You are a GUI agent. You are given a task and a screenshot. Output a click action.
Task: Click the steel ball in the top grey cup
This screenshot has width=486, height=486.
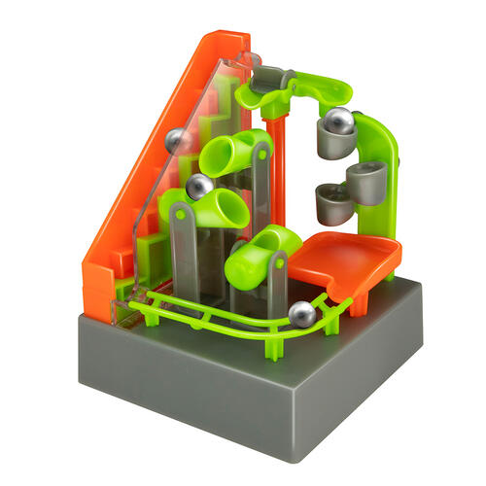pyautogui.click(x=338, y=121)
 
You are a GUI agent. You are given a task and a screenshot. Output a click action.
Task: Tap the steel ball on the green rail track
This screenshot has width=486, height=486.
pyautogui.click(x=303, y=314)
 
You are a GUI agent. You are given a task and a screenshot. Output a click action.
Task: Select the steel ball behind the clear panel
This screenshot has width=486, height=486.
pyautogui.click(x=178, y=141)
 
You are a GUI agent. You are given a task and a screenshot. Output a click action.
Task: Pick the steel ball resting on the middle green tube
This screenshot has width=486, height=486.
pyautogui.click(x=200, y=187)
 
